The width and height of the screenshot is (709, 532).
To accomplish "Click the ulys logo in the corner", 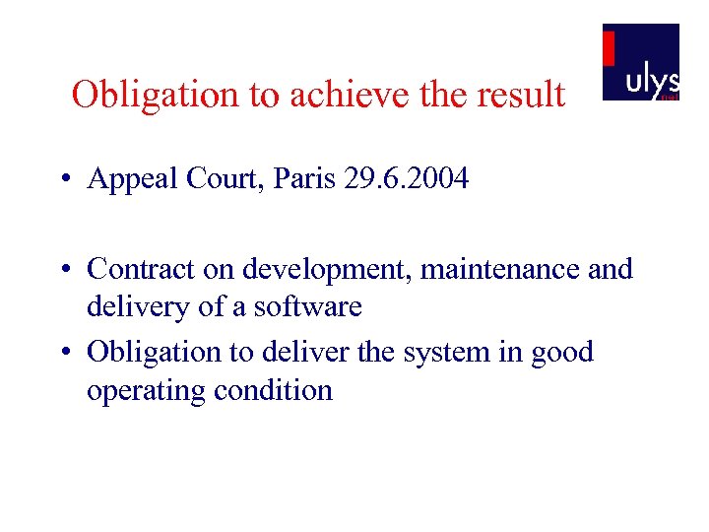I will pyautogui.click(x=640, y=61).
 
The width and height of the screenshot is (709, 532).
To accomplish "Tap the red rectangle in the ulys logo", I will pyautogui.click(x=609, y=48).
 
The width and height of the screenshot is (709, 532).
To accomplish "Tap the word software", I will pyautogui.click(x=307, y=306).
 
